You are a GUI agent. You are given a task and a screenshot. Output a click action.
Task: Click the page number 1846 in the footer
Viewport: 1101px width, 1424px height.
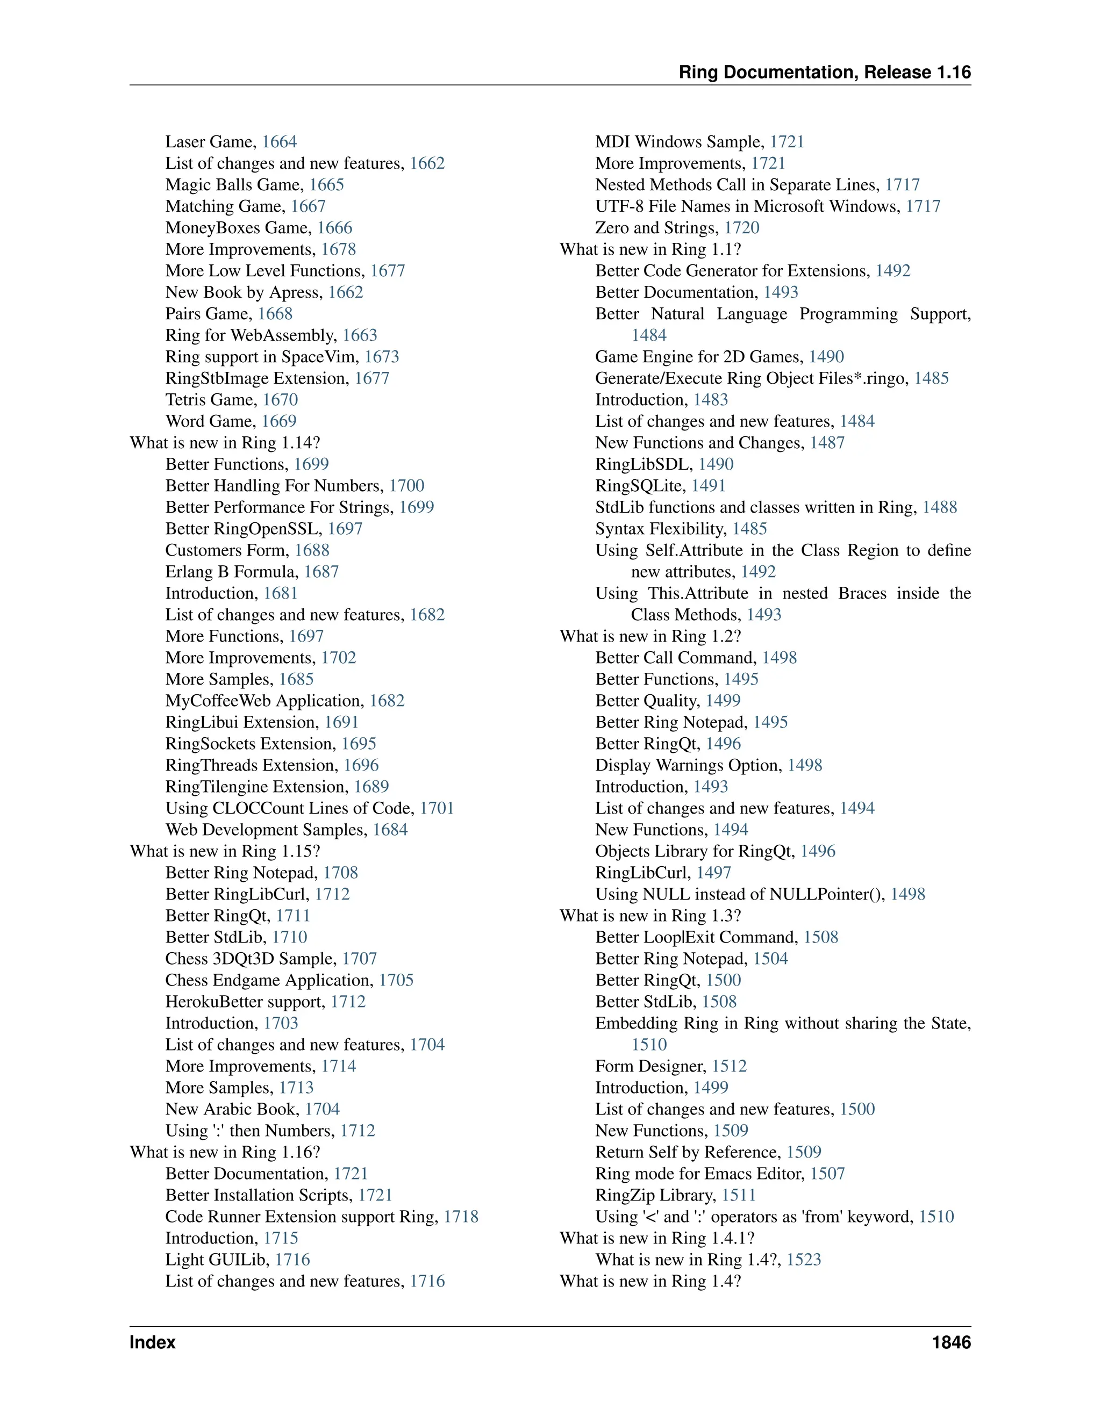pos(951,1342)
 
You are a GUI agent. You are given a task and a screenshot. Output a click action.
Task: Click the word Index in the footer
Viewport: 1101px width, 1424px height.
pos(153,1342)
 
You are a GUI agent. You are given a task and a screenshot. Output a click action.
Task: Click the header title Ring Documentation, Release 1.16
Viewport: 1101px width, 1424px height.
pos(825,73)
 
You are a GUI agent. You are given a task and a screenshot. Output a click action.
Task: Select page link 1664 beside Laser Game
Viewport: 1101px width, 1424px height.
pos(279,142)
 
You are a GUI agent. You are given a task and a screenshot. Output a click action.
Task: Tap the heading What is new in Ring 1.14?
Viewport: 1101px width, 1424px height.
pos(225,443)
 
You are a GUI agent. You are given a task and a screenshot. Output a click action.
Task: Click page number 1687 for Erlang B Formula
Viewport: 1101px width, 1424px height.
pos(321,572)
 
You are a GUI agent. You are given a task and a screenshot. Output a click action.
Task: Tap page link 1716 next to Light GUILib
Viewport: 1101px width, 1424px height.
pos(292,1260)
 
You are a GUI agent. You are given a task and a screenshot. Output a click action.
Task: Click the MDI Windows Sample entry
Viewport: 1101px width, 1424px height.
pos(679,142)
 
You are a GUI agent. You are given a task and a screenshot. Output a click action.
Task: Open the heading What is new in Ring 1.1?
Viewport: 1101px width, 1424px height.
pos(650,250)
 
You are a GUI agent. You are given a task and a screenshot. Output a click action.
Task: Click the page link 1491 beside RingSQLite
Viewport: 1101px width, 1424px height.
pos(709,486)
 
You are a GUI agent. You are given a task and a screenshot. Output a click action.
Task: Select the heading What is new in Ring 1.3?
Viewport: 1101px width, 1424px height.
pos(650,916)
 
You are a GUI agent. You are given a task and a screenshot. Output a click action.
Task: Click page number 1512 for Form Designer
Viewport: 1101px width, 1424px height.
pos(729,1066)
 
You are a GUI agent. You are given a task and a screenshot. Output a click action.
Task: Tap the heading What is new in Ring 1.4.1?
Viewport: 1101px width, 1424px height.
pos(657,1238)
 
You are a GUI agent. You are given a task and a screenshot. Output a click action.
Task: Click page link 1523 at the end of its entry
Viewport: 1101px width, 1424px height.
pos(804,1260)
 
